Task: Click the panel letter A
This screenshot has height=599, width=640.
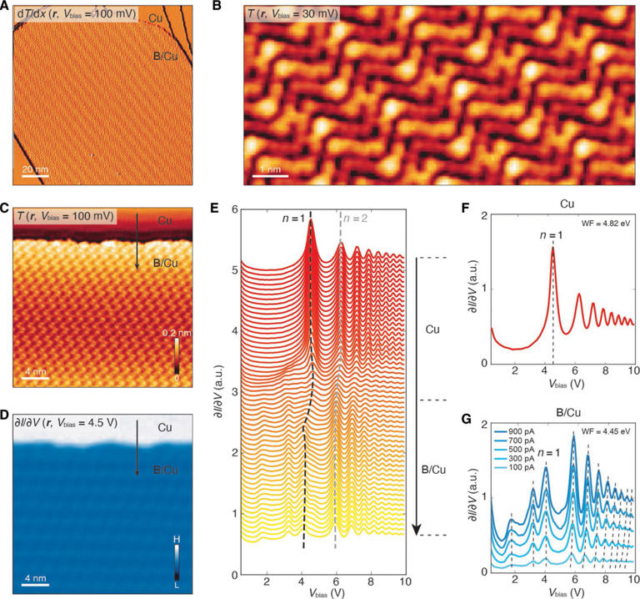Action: point(6,8)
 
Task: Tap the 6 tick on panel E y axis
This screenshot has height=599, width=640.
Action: point(234,209)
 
